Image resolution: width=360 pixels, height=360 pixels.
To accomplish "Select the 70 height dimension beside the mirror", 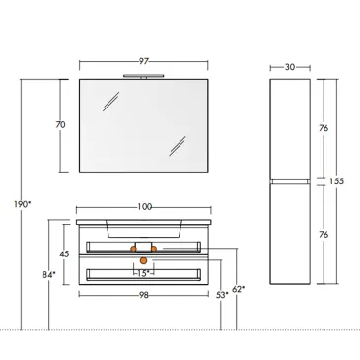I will coord(60,125).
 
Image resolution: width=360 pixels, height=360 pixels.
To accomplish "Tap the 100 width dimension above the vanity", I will coord(144,207).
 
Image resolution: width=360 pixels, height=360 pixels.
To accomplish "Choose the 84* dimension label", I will coord(46,274).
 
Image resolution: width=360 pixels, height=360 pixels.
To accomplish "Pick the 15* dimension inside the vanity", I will coord(143,273).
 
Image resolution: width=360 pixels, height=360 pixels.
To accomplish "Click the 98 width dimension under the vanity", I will coord(144,294).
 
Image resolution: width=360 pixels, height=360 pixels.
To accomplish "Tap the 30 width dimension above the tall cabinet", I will coord(290,67).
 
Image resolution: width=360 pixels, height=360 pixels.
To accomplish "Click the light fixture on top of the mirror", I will coord(144,75).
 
